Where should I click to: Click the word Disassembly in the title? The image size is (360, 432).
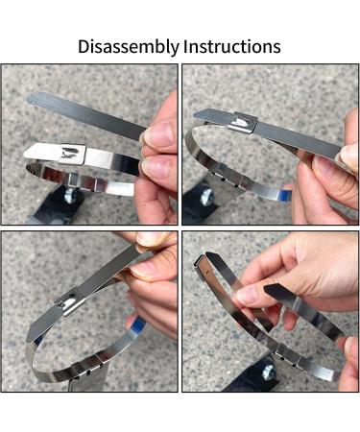(x=129, y=47)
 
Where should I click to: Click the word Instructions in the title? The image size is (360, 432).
(x=232, y=46)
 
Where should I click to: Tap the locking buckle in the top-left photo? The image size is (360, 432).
(x=74, y=154)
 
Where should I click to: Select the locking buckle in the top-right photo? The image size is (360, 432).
(x=243, y=123)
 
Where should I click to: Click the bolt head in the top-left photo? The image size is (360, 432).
(x=70, y=194)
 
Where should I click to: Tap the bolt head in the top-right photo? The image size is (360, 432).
(x=206, y=197)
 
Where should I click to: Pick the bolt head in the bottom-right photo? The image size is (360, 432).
(x=268, y=372)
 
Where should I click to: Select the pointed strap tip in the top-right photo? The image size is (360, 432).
(x=202, y=114)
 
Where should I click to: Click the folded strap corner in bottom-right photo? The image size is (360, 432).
(x=201, y=262)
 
